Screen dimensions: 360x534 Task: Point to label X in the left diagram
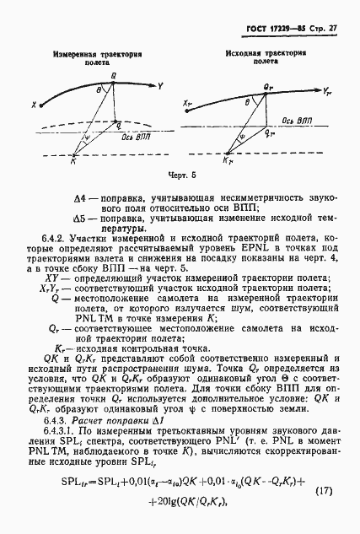tap(34, 105)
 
